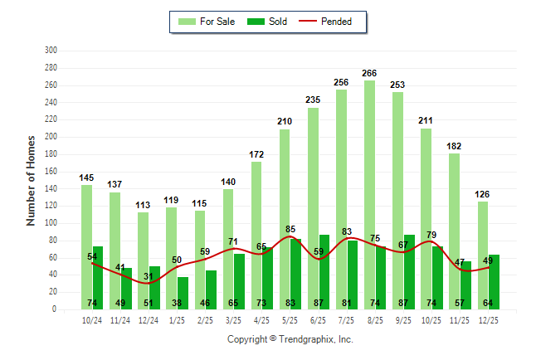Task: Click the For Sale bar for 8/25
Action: [369, 194]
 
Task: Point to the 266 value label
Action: [369, 73]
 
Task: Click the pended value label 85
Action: [290, 230]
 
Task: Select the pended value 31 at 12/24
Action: [149, 276]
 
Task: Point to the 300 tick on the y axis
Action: [51, 51]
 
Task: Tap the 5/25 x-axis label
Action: [290, 320]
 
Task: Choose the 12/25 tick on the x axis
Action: [488, 320]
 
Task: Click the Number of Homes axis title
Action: [31, 180]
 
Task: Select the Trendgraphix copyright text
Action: [290, 339]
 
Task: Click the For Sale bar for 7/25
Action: [341, 199]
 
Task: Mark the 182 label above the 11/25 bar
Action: [454, 146]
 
